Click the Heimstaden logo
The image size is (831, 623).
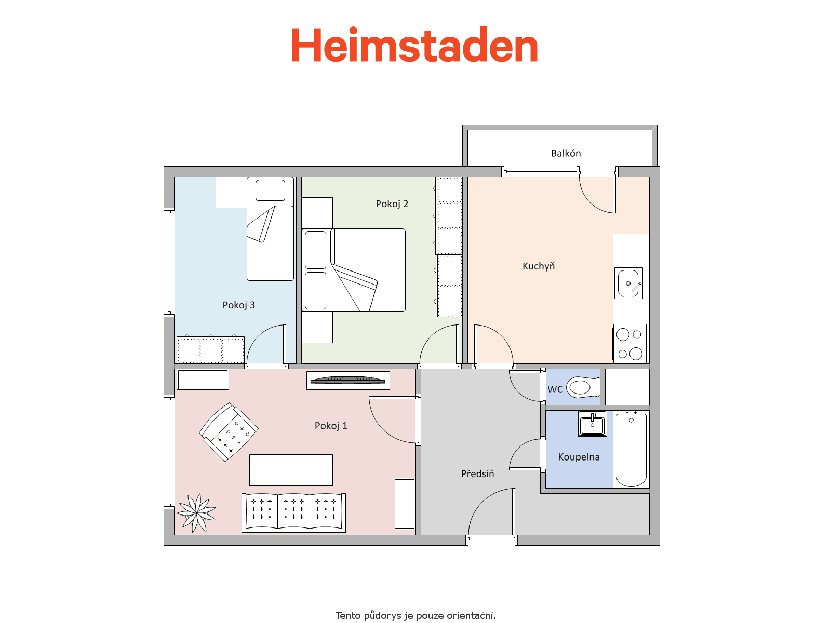[414, 45]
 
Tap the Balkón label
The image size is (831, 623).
[565, 153]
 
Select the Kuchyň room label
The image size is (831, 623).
[539, 266]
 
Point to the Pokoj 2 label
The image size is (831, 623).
[392, 204]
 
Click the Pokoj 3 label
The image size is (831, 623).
[238, 305]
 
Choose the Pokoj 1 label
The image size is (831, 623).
[330, 426]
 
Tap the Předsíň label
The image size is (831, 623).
[477, 473]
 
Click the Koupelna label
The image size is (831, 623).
[579, 457]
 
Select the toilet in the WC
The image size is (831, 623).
[583, 387]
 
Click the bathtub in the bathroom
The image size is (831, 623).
[631, 450]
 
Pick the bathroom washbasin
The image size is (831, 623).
[593, 424]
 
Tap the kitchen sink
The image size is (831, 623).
[628, 283]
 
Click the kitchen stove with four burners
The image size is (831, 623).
[631, 344]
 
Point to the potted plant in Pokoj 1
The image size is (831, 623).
[196, 512]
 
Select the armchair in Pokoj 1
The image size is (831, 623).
[229, 432]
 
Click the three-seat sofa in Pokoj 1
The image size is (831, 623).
[293, 512]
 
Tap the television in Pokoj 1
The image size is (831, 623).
[347, 381]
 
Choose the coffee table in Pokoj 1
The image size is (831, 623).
[291, 470]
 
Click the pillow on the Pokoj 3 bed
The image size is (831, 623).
[270, 190]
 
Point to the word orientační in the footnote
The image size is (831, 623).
[471, 616]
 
